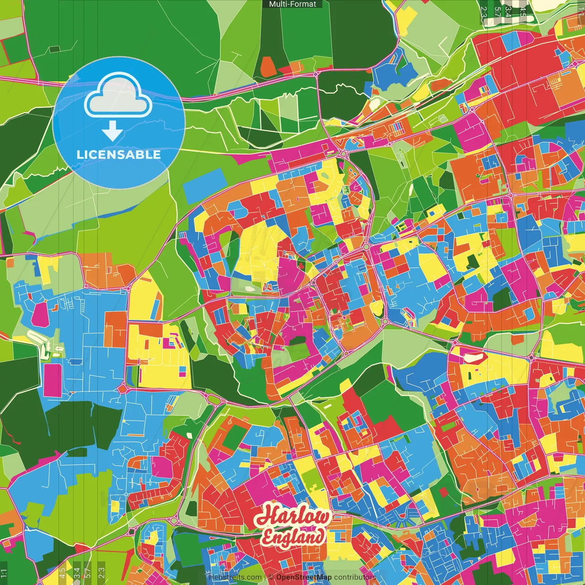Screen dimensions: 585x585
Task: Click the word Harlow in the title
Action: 292,517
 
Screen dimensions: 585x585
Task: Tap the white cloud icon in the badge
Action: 118,97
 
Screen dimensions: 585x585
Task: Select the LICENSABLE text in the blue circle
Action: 119,154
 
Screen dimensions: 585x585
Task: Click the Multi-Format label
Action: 292,4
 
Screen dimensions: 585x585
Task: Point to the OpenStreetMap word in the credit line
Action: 304,577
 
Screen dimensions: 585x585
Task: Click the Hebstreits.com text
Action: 235,577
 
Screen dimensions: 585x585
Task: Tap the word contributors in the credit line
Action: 355,577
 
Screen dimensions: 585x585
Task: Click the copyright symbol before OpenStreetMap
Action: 271,577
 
